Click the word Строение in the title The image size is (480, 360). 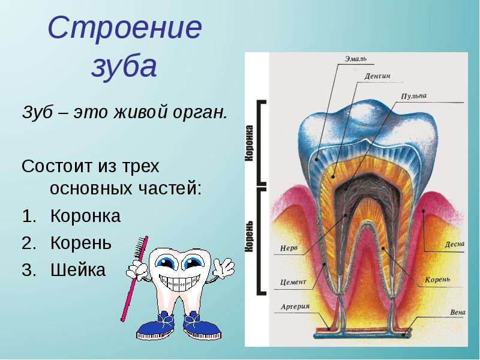[125, 27]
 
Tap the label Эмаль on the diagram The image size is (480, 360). [355, 58]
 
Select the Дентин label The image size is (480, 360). [377, 76]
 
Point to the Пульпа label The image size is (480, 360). [413, 96]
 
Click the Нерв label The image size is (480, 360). [289, 248]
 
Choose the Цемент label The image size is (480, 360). [293, 282]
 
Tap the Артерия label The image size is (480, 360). [295, 307]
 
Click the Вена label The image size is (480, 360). [458, 313]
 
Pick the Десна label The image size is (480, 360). [455, 244]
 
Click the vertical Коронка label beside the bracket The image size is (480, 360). [250, 143]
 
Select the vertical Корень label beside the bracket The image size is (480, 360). [250, 236]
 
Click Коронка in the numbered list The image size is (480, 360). [85, 215]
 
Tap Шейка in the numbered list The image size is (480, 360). [78, 269]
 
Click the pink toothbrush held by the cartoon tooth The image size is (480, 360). [134, 278]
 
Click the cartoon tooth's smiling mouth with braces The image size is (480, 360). [178, 282]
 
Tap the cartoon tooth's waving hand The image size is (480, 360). [224, 267]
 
